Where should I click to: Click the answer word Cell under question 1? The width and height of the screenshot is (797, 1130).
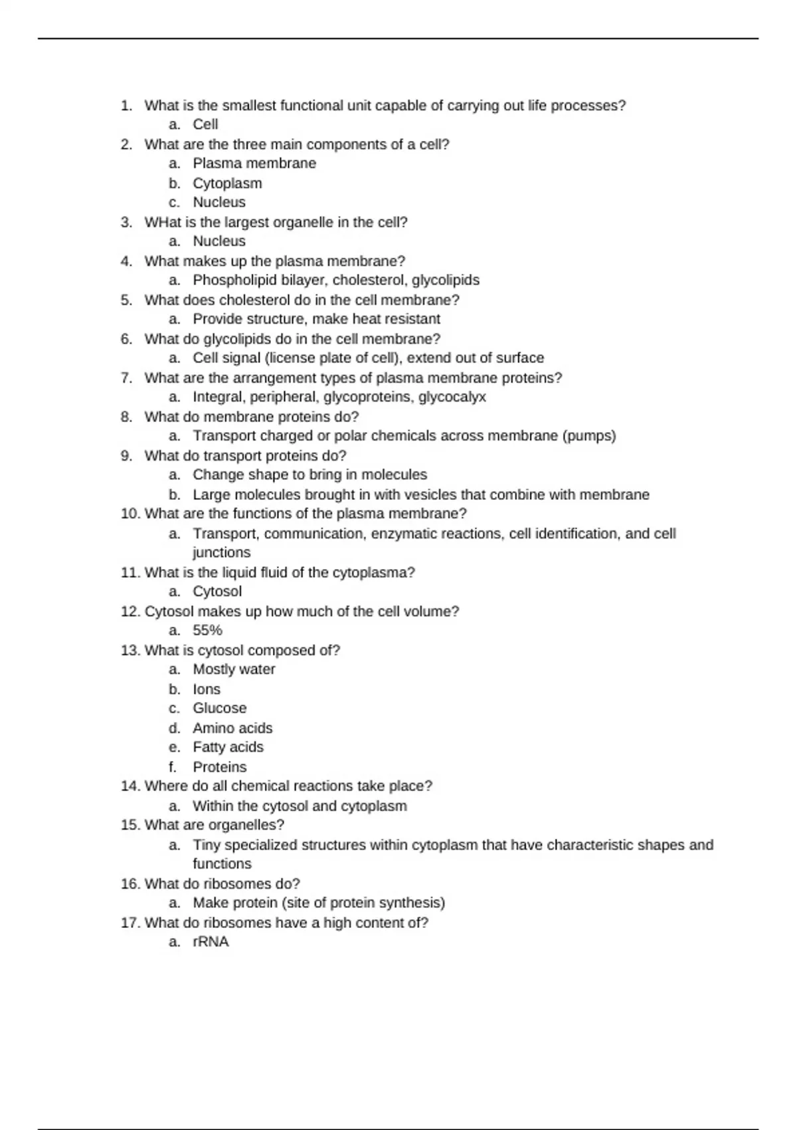[x=205, y=124]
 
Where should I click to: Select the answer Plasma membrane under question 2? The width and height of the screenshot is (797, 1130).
[x=254, y=164]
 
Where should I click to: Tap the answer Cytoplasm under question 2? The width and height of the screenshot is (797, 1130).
[x=227, y=183]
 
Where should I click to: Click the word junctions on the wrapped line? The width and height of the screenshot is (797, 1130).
[x=221, y=552]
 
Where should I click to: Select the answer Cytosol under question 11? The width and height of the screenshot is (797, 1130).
[x=217, y=592]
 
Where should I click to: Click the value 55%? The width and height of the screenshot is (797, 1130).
[x=207, y=630]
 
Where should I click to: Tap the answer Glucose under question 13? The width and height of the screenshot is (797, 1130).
[x=219, y=708]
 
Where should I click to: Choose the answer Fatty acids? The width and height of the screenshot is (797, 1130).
[x=228, y=747]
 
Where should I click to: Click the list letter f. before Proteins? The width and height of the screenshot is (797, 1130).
[x=173, y=767]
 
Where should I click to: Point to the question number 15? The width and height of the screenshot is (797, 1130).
[x=129, y=825]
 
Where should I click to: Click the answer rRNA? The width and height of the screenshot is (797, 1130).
[x=211, y=942]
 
